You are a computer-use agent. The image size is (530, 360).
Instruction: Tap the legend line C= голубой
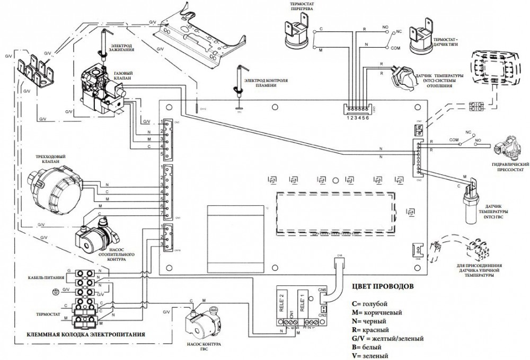coord(369,303)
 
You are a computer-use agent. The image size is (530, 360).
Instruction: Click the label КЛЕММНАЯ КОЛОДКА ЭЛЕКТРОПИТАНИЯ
coord(79,335)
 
